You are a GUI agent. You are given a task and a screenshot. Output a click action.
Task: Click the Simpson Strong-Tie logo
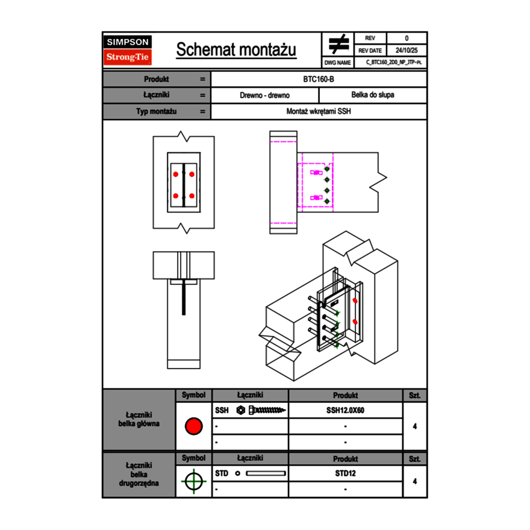128,50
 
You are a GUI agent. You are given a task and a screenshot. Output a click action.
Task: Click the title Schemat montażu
236,50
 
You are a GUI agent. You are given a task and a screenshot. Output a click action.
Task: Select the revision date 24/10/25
407,51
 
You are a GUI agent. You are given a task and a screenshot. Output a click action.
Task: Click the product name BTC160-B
319,79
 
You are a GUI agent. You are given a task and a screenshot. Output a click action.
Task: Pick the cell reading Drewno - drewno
265,95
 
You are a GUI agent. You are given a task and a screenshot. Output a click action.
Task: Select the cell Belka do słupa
373,95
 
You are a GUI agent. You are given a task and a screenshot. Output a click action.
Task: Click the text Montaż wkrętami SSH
319,111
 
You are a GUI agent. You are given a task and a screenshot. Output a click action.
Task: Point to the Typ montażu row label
156,111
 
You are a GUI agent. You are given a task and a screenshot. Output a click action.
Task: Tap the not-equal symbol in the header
338,45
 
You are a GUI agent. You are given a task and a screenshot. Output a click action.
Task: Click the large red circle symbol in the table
193,426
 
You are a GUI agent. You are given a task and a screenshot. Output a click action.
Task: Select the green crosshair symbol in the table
193,481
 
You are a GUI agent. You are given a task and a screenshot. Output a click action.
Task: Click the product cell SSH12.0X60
345,410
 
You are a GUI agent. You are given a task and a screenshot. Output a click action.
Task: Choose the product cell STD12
345,473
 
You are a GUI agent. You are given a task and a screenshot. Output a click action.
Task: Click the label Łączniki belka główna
139,419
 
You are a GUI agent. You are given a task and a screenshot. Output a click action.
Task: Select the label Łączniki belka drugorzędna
139,474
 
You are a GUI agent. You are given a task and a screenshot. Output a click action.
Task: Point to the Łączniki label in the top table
156,95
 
